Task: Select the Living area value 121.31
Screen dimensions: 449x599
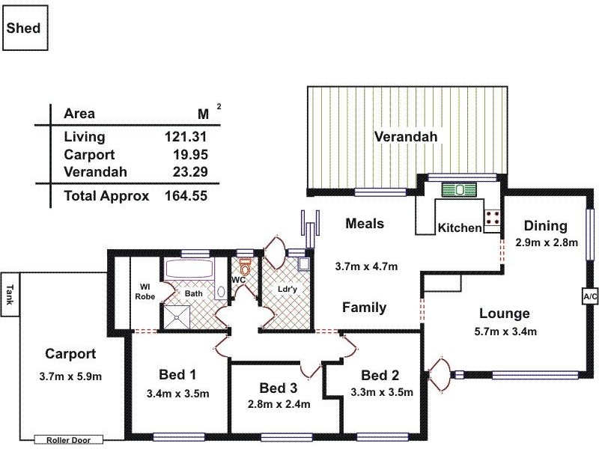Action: point(185,137)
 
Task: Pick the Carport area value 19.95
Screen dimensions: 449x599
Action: point(189,155)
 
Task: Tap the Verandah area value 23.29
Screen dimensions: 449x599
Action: point(189,172)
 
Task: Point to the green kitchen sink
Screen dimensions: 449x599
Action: point(454,190)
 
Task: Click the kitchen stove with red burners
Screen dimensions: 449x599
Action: point(493,218)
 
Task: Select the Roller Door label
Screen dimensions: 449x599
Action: point(68,440)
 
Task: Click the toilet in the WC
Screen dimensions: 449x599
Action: point(244,269)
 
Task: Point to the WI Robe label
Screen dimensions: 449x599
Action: point(145,290)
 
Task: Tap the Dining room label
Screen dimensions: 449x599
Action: point(545,225)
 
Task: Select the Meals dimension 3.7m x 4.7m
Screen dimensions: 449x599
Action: point(365,266)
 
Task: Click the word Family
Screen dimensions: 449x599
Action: point(364,307)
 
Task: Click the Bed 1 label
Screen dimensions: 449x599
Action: point(177,374)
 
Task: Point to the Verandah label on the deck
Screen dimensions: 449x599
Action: point(406,136)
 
